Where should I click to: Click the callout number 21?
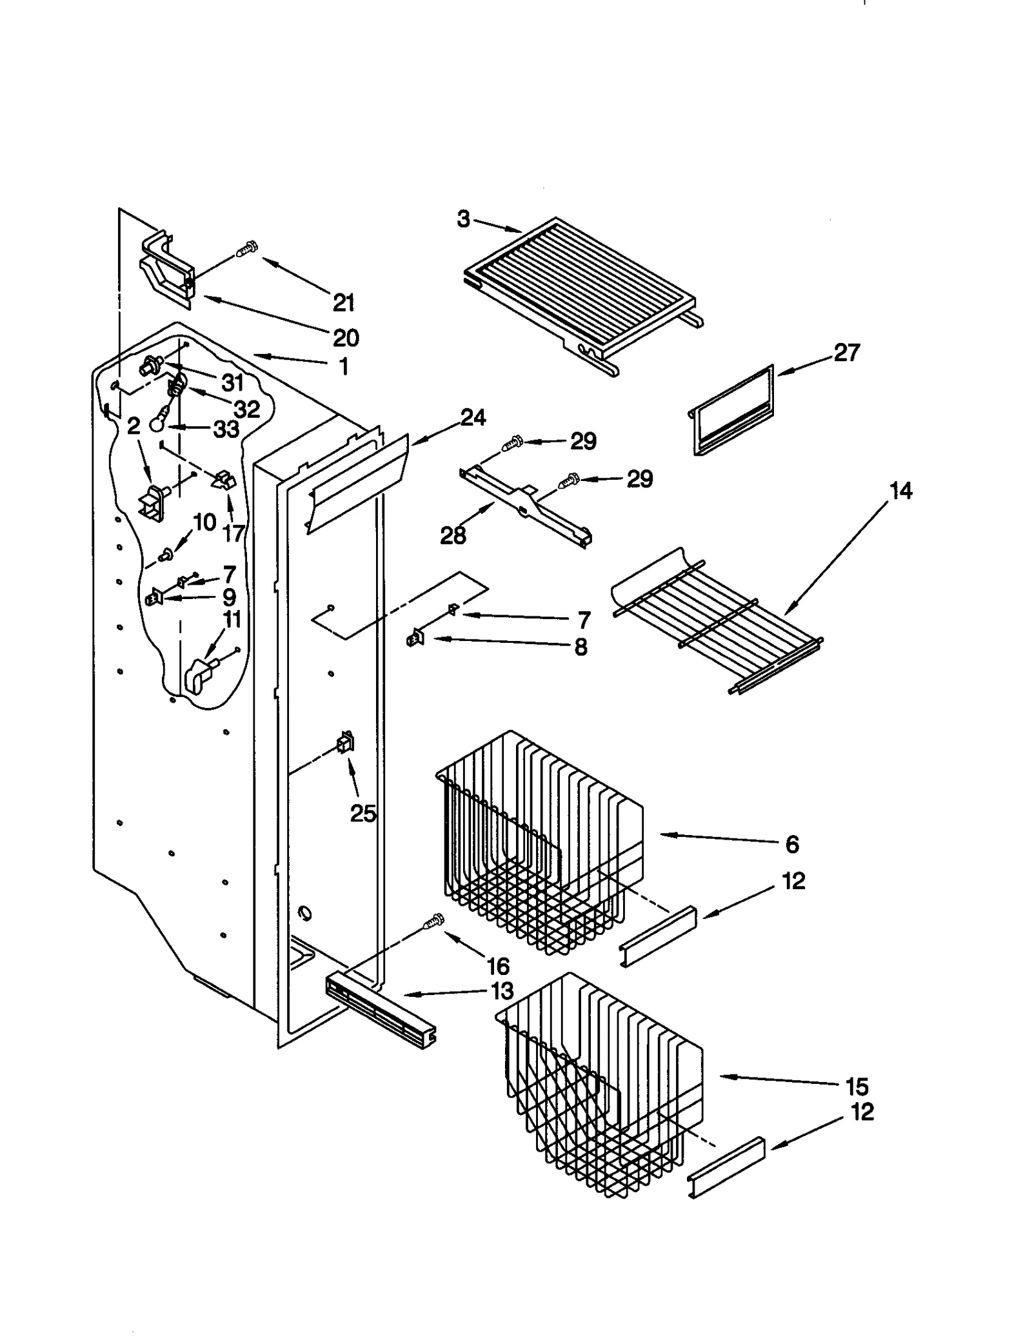click(344, 302)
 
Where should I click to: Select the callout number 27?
click(846, 353)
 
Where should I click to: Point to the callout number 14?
click(900, 491)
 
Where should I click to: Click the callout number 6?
click(792, 843)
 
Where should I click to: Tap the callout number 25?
click(362, 813)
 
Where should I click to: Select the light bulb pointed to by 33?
click(157, 422)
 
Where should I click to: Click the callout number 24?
click(473, 418)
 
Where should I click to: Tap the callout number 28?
click(453, 535)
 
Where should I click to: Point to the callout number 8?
click(580, 647)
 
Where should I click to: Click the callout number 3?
click(463, 219)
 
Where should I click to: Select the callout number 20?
click(346, 337)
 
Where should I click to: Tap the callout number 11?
click(232, 620)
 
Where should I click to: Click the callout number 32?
click(246, 409)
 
